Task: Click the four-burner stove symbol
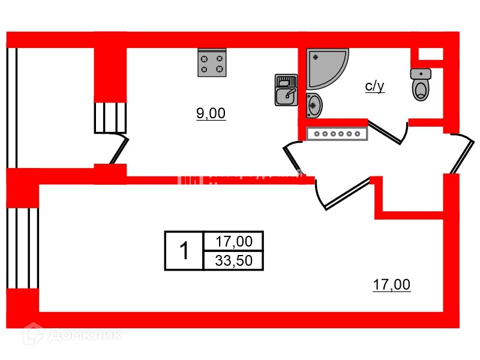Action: pyautogui.click(x=212, y=63)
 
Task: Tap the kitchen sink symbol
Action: pyautogui.click(x=286, y=90)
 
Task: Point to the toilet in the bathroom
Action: pyautogui.click(x=421, y=85)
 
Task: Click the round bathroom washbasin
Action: pyautogui.click(x=314, y=105)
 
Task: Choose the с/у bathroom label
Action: pyautogui.click(x=374, y=86)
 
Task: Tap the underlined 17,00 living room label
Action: pyautogui.click(x=391, y=285)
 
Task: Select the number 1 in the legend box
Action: pyautogui.click(x=184, y=250)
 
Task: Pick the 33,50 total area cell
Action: pyautogui.click(x=233, y=260)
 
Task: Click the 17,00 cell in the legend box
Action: pyautogui.click(x=233, y=241)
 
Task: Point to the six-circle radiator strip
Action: pyautogui.click(x=337, y=134)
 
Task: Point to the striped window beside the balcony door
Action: pyautogui.click(x=110, y=117)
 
